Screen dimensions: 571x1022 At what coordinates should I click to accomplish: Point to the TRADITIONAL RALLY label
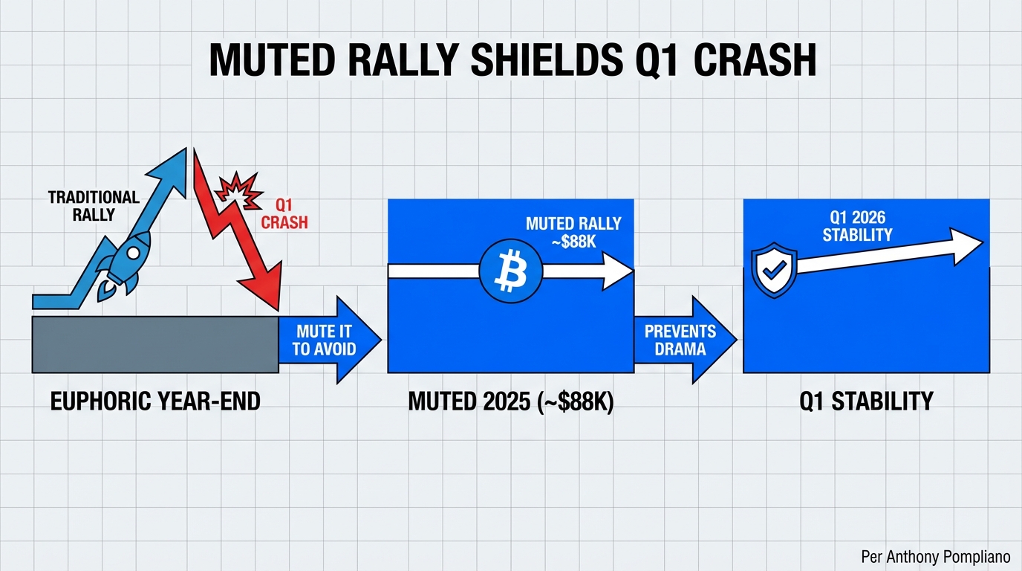coord(94,205)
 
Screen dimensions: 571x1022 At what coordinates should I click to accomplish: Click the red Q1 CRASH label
coord(285,214)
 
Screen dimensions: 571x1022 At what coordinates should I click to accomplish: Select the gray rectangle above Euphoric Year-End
coord(154,343)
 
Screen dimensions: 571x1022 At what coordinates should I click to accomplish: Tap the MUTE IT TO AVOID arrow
coord(327,340)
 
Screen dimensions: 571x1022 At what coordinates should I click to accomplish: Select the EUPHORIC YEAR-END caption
coord(154,401)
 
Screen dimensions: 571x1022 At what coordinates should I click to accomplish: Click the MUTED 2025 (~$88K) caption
coord(510,401)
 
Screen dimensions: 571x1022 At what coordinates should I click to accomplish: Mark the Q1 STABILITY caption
coord(866,401)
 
